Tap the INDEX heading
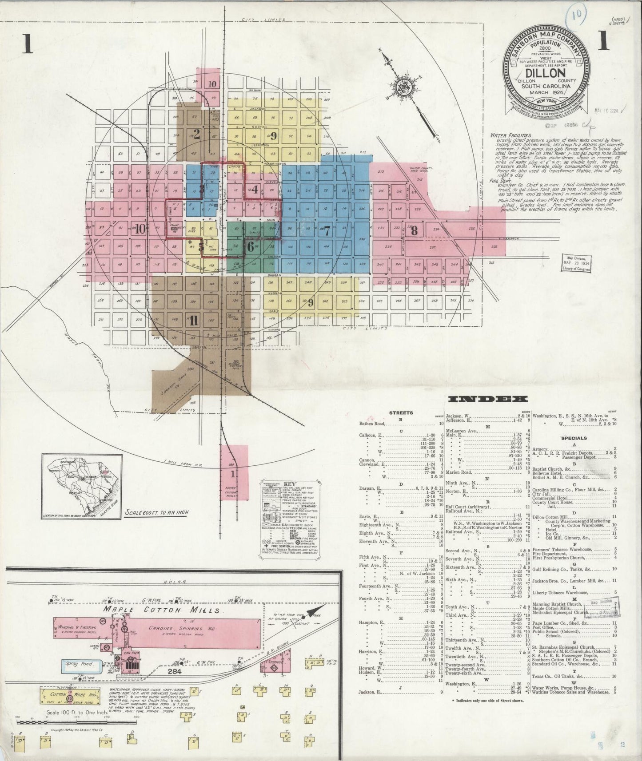tap(487, 399)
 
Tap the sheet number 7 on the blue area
tap(327, 231)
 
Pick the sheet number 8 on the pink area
tap(414, 230)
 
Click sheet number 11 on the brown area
tap(193, 322)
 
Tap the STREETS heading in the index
tap(401, 413)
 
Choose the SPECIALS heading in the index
tap(574, 438)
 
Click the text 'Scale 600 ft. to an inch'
tap(156, 512)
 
